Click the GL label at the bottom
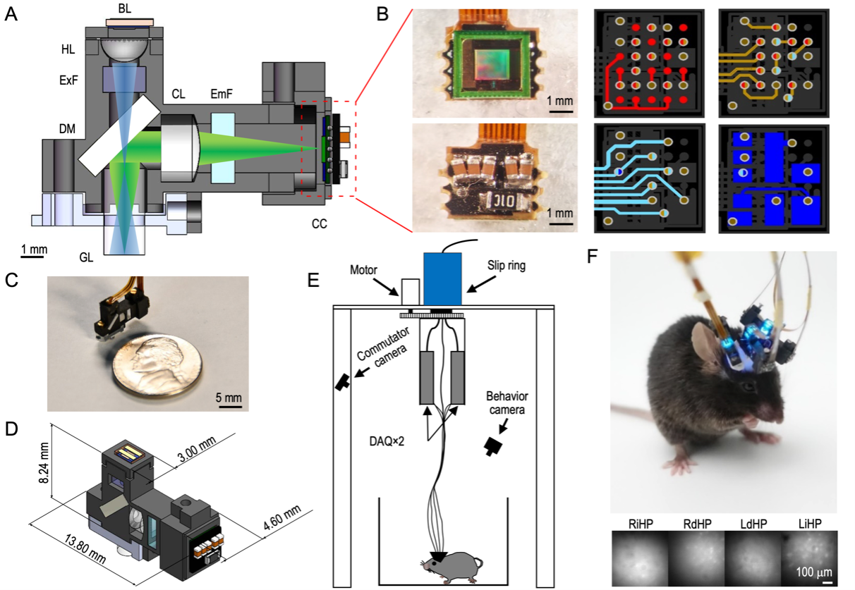(x=86, y=258)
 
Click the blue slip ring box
(x=442, y=280)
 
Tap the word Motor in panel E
(x=364, y=269)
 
